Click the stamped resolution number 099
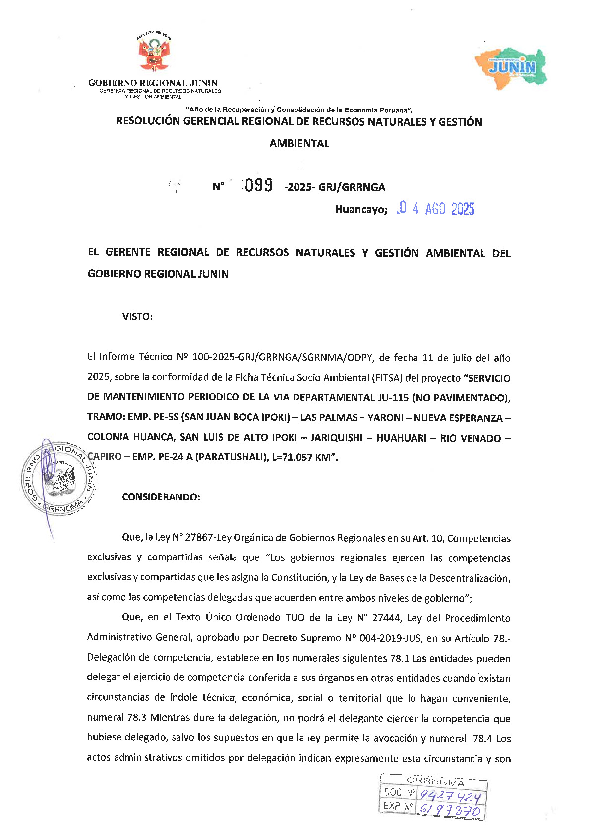click(258, 185)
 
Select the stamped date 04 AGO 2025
click(436, 209)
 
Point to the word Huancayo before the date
click(360, 210)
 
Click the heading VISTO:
click(137, 317)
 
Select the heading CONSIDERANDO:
click(161, 497)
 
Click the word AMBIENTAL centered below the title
click(299, 144)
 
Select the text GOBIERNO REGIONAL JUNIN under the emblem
click(153, 83)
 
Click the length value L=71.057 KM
click(303, 457)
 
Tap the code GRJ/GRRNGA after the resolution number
click(352, 187)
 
